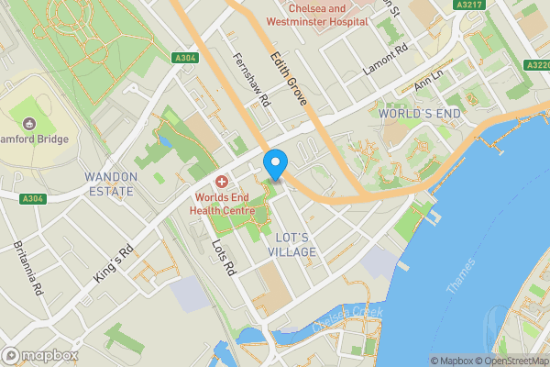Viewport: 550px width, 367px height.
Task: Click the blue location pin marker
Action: pos(274,165)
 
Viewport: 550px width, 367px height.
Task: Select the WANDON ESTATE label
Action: pos(110,183)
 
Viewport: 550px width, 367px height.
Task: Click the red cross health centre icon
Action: pos(222,183)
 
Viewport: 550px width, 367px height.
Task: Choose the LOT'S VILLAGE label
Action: pos(293,244)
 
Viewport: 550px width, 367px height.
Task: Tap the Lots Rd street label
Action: pos(224,260)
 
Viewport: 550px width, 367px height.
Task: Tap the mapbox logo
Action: pos(39,355)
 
